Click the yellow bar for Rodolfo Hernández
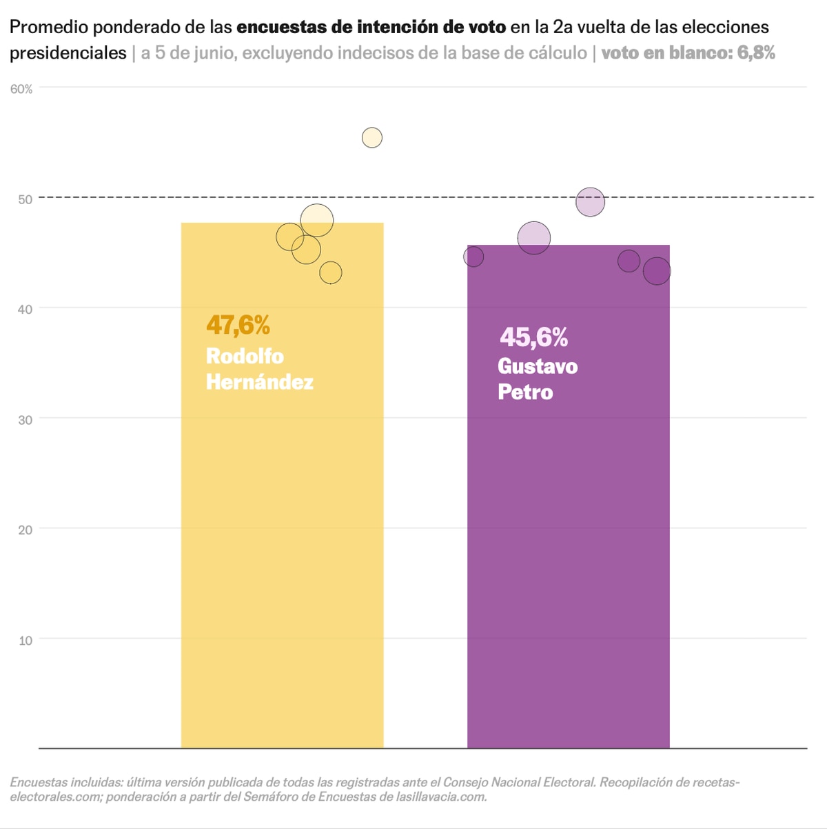282,552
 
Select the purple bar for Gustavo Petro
568,552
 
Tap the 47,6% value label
238,325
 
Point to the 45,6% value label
534,337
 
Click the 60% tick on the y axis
21,89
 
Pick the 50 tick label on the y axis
25,199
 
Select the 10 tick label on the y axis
25,641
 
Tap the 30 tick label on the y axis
25,420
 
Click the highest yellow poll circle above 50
372,138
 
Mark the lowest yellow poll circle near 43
331,273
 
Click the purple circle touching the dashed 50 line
590,202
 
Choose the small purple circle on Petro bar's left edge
473,257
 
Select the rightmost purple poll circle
657,271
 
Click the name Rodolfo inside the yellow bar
245,356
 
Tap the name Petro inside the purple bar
525,392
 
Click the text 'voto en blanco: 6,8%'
688,52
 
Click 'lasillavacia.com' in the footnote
441,797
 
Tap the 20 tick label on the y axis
25,530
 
